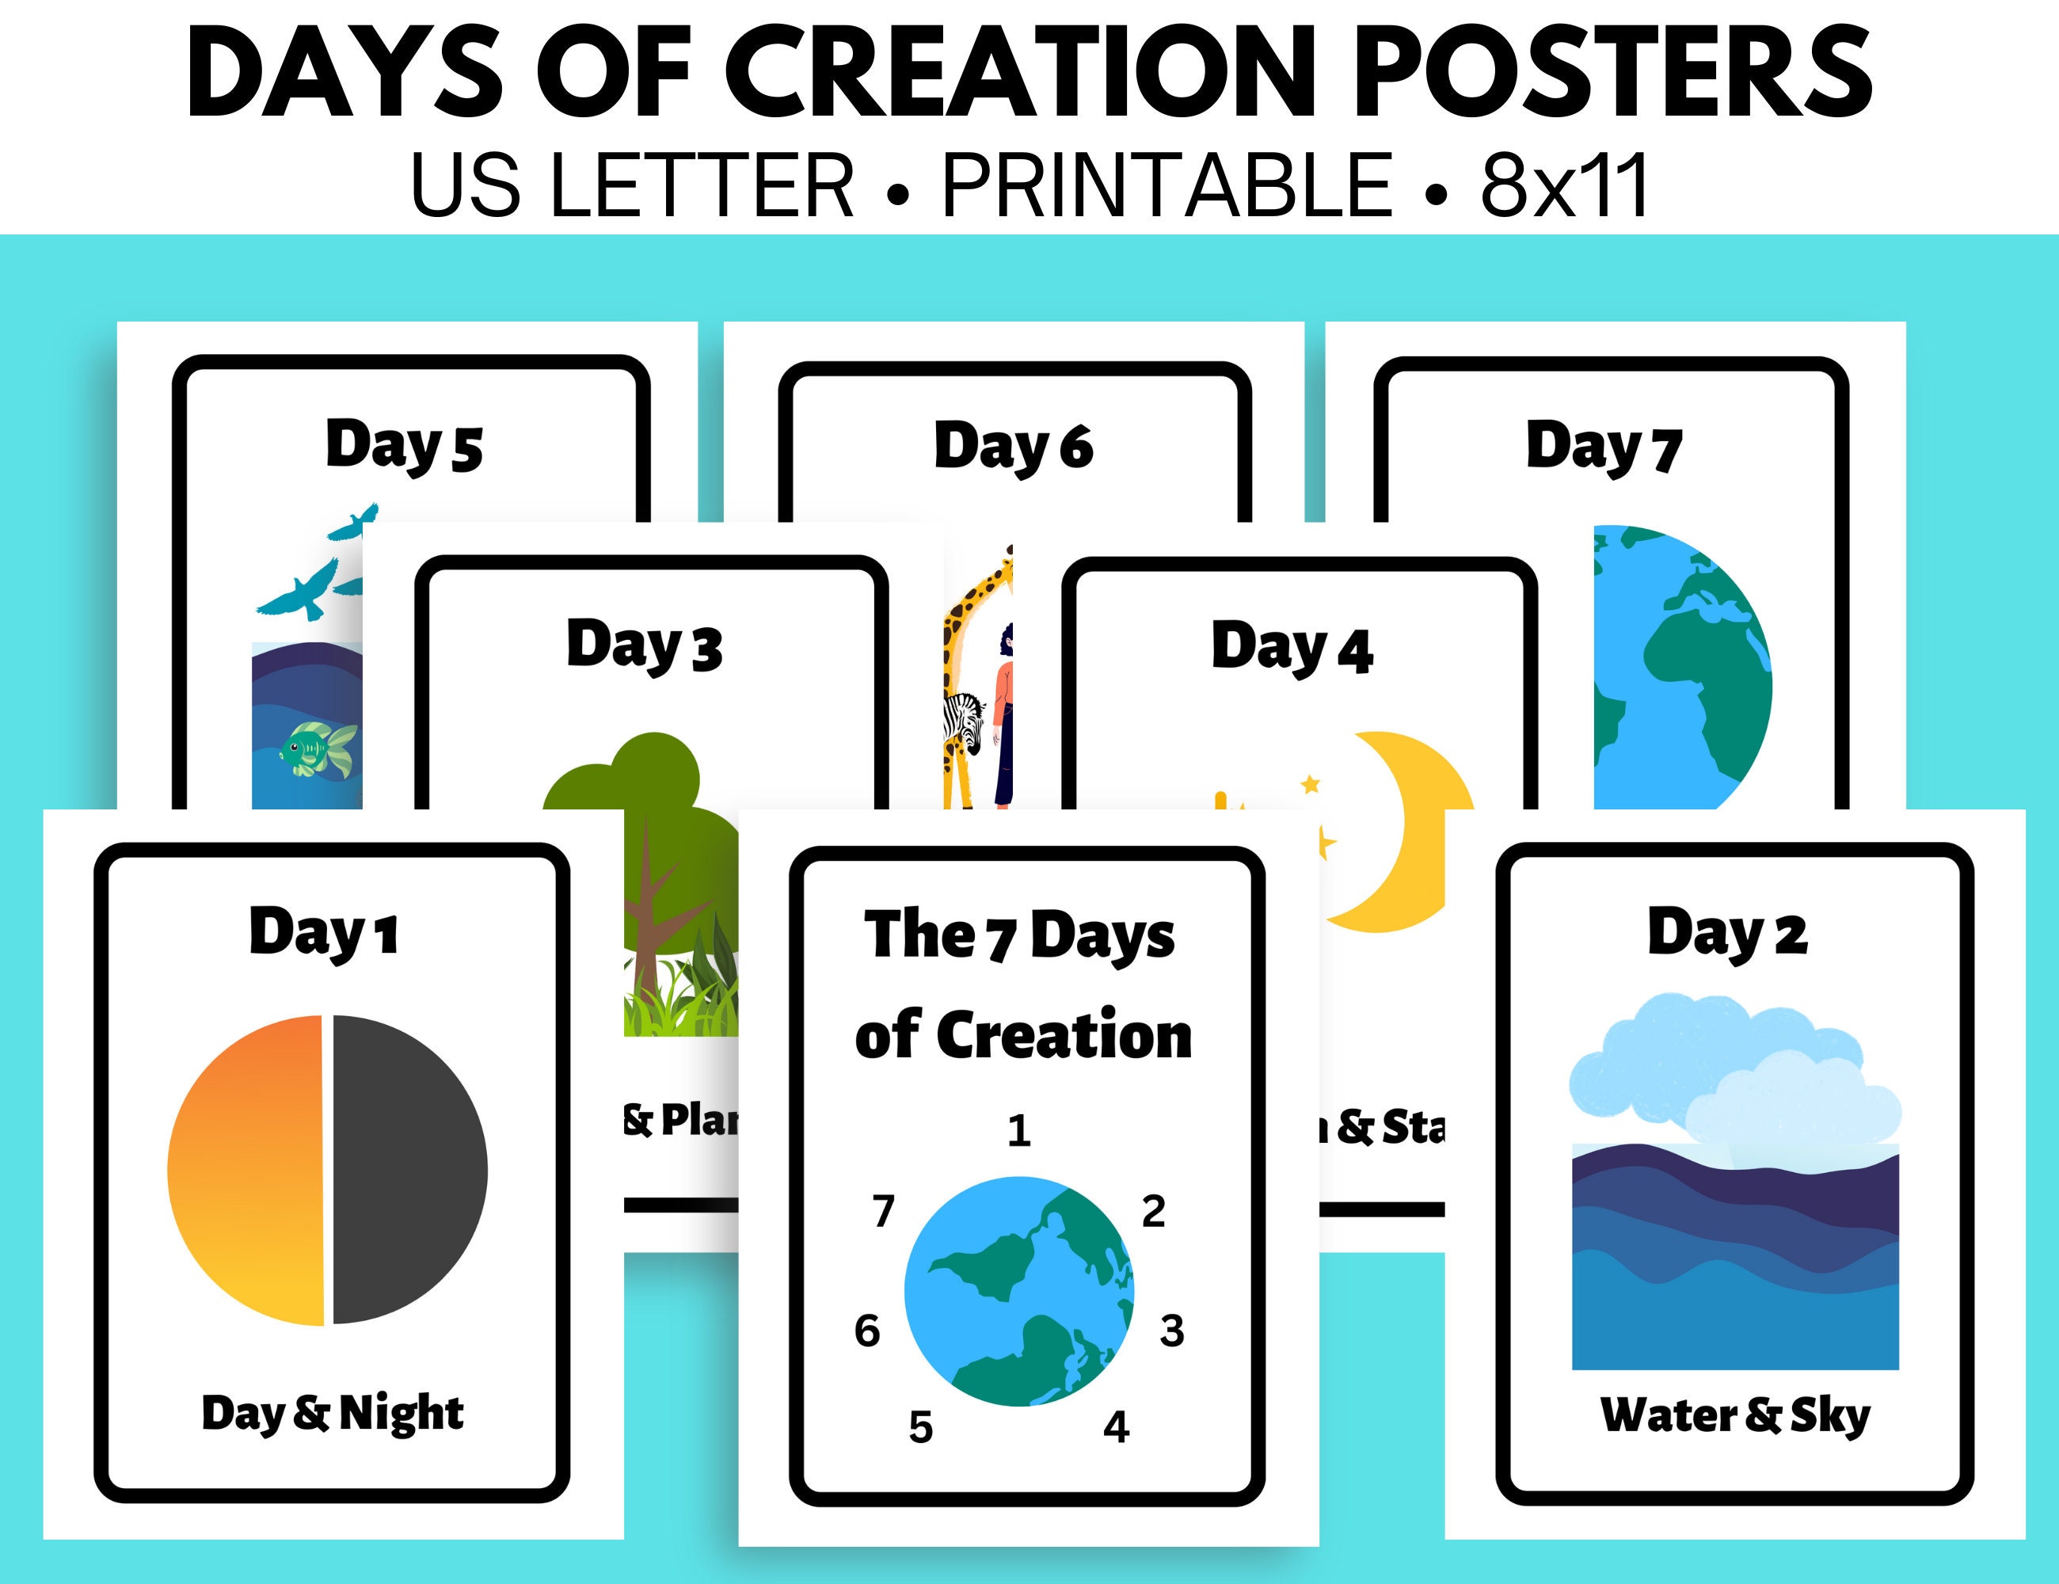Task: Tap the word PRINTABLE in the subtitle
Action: pyautogui.click(x=1167, y=186)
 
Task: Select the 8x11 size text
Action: pyautogui.click(x=1564, y=186)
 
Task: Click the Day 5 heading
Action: pyautogui.click(x=404, y=445)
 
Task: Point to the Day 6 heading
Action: pyautogui.click(x=1014, y=446)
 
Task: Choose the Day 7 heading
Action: pyautogui.click(x=1604, y=446)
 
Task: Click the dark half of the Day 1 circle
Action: pyautogui.click(x=407, y=1169)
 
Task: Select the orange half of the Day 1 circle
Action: pyautogui.click(x=247, y=1169)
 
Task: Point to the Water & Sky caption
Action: pyautogui.click(x=1734, y=1415)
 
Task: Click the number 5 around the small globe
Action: pyautogui.click(x=920, y=1427)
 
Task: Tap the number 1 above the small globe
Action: pyautogui.click(x=1018, y=1130)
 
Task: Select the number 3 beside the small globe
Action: pyautogui.click(x=1171, y=1331)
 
